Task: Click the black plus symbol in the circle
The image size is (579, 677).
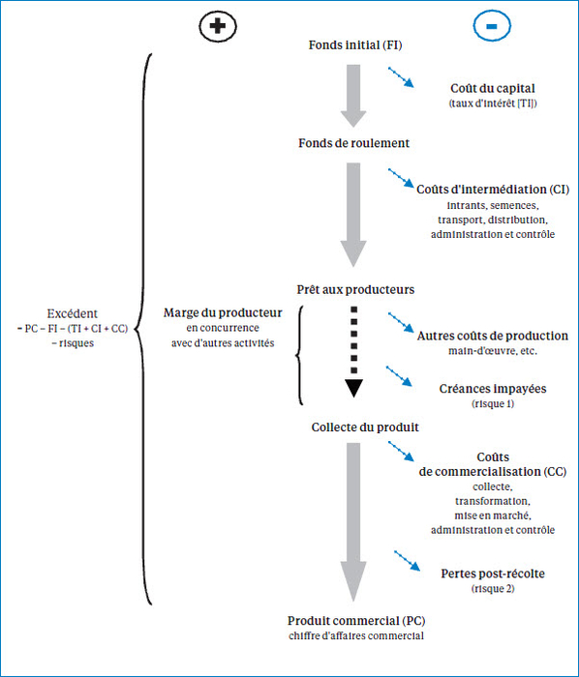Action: tap(218, 26)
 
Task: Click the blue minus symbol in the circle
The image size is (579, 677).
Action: tap(492, 26)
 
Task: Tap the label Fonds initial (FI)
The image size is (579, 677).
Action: tap(355, 44)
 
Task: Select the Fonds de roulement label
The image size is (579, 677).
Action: tap(353, 143)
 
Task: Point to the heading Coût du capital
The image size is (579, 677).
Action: tap(493, 89)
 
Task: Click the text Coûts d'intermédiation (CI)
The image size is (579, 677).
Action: tap(493, 190)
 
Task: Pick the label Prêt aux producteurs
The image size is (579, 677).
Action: tap(355, 289)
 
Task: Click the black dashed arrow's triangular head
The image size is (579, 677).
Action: tap(353, 388)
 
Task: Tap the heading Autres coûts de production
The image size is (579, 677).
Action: tap(493, 336)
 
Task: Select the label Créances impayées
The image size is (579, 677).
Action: tap(493, 389)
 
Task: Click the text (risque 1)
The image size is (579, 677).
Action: tap(493, 403)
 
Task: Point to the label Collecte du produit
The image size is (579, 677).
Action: tap(365, 427)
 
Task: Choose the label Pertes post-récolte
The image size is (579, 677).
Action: tap(493, 574)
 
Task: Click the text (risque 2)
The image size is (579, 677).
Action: tap(493, 588)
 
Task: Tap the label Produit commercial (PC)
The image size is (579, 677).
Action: tap(356, 621)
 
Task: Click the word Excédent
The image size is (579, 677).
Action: tap(73, 313)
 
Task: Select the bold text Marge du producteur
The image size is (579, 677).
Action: tap(223, 312)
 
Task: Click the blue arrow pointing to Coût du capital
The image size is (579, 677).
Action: tap(401, 77)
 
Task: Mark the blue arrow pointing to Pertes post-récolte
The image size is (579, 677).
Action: tap(407, 561)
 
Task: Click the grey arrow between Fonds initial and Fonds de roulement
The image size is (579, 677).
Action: tap(353, 96)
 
